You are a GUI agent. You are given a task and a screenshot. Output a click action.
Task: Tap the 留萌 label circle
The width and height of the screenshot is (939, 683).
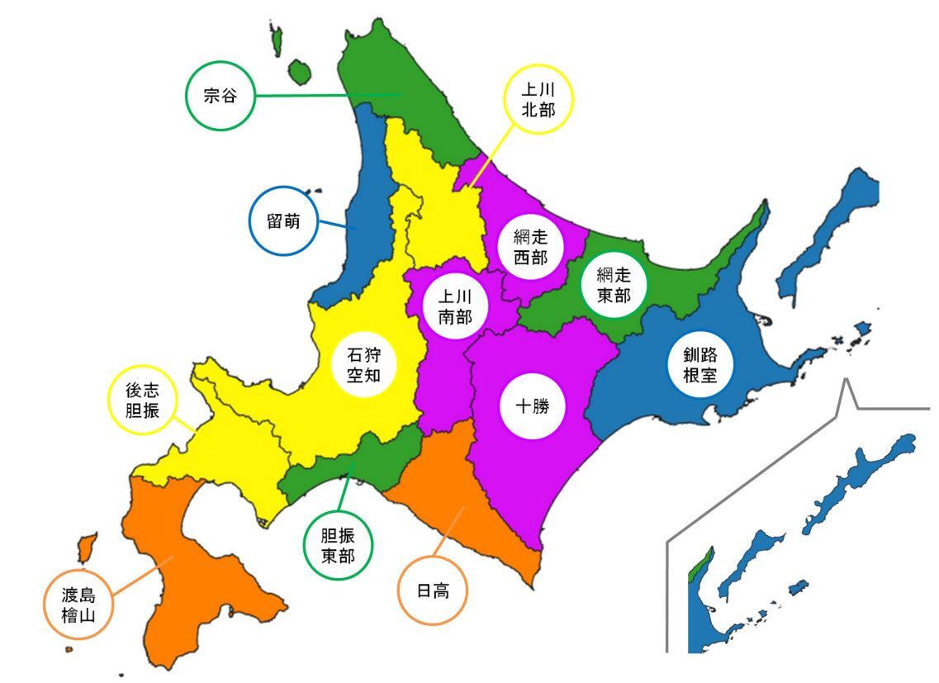[x=283, y=221]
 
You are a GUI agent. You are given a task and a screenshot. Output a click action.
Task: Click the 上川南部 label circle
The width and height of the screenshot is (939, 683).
[x=455, y=306]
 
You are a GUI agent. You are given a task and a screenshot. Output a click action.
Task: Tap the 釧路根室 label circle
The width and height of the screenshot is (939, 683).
[x=700, y=365]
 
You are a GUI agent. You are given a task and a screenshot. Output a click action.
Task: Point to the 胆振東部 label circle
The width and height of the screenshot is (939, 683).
[x=338, y=545]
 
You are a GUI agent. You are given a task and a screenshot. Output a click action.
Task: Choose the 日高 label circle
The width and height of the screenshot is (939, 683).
[x=432, y=591]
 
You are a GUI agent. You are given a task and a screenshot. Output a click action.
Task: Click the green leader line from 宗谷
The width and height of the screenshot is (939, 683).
[x=322, y=95]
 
